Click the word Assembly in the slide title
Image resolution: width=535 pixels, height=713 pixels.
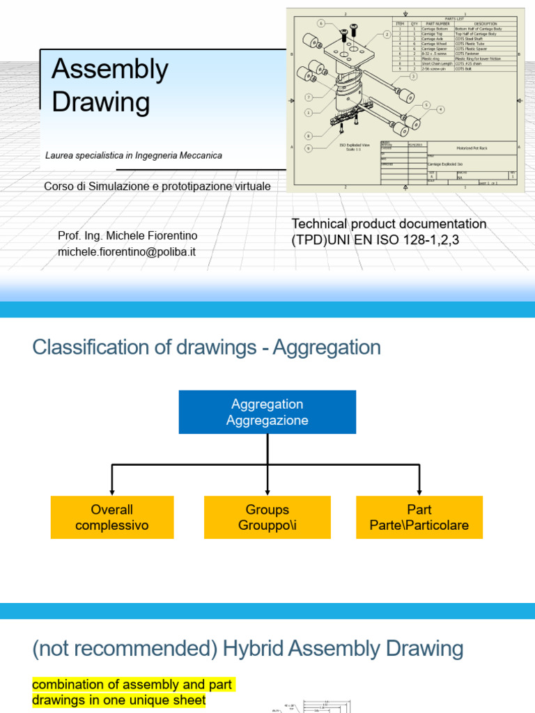point(110,70)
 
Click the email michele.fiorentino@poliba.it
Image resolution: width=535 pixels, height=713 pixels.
point(127,251)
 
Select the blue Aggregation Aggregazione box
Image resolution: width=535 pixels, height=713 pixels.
point(267,412)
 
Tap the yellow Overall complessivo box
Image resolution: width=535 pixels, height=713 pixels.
point(111,517)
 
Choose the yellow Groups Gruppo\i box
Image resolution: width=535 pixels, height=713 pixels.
point(267,517)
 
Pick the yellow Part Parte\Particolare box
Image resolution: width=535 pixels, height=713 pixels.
point(419,517)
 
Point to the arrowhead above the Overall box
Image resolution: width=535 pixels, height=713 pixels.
point(111,492)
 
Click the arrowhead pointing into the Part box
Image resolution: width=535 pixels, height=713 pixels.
point(419,492)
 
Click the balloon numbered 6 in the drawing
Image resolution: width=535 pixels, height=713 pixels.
point(321,23)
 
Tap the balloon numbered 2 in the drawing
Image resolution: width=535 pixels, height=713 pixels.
point(387,34)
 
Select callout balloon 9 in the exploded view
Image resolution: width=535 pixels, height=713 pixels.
point(309,148)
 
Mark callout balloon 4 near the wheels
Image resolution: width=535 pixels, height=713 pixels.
point(440,109)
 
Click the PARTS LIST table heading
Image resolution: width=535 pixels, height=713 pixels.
point(456,19)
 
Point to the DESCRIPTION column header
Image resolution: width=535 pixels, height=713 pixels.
point(486,23)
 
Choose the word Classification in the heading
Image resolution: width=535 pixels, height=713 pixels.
point(90,347)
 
